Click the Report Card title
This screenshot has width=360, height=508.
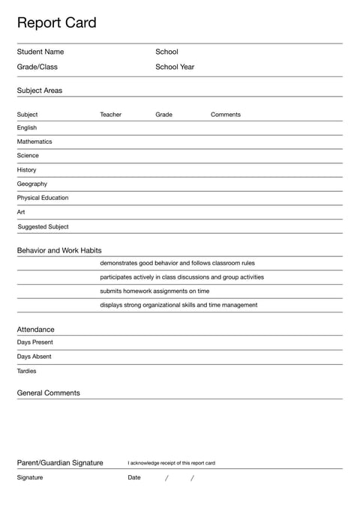56,23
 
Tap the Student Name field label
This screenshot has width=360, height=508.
40,52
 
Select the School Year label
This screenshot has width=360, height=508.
175,67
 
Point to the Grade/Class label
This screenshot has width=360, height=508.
37,67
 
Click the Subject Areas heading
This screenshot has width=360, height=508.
40,91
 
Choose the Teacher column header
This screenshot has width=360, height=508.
110,115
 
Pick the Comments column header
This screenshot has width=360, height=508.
226,115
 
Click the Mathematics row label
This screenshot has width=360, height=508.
34,142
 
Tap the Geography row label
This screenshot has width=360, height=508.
31,184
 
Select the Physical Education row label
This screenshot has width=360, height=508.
43,198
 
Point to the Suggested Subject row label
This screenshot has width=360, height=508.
43,227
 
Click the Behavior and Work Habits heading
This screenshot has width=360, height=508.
59,250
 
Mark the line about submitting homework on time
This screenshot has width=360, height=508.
154,291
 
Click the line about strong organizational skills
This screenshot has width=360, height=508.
178,305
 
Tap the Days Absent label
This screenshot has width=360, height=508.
34,357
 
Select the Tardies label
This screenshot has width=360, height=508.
26,371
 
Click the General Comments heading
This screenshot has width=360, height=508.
48,393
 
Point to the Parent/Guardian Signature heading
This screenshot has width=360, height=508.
60,463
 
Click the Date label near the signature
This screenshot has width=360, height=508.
133,477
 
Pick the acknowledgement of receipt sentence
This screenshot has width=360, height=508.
171,463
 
